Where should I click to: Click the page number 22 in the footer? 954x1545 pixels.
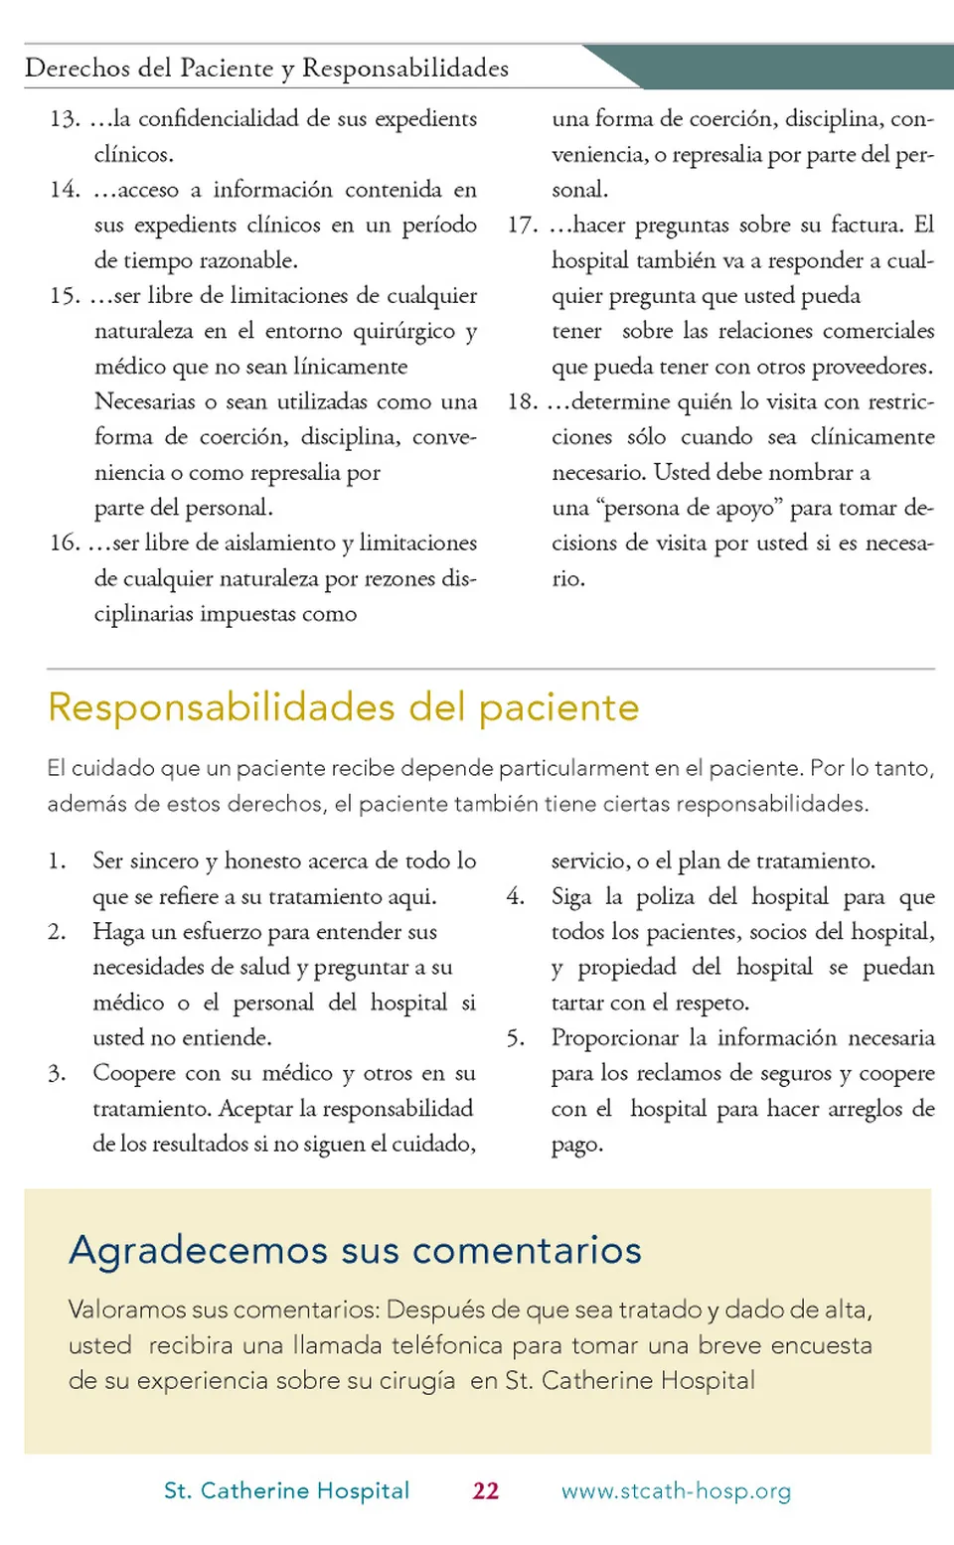485,1490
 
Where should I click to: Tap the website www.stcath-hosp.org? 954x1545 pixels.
676,1490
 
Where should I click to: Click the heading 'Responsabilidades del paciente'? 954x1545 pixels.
343,707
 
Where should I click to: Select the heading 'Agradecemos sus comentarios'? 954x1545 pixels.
355,1250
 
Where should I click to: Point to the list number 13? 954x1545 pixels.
65,119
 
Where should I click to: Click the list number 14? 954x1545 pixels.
65,190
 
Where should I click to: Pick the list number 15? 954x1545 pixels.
65,296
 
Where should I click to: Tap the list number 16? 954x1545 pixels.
65,543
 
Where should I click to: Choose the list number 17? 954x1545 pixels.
522,226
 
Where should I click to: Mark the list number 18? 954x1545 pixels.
522,402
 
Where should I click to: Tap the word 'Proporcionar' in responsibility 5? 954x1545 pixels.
615,1038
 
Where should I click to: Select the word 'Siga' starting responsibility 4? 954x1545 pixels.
571,897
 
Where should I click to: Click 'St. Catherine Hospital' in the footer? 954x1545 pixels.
286,1490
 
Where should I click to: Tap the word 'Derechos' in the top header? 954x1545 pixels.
78,68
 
